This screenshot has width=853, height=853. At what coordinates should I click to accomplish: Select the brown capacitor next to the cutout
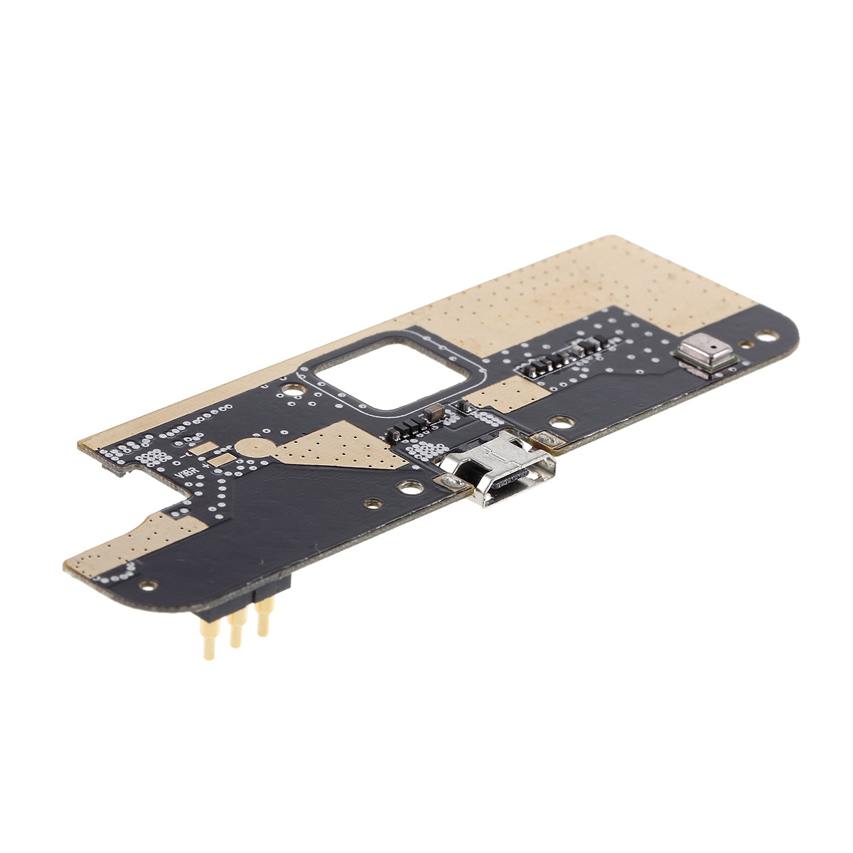pyautogui.click(x=432, y=412)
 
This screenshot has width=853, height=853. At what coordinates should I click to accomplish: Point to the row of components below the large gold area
pyautogui.click(x=562, y=360)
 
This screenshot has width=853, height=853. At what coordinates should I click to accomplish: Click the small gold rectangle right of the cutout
pyautogui.click(x=501, y=393)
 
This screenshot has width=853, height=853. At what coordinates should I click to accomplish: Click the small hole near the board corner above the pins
pyautogui.click(x=149, y=585)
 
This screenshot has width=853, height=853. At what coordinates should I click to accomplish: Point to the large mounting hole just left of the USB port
pyautogui.click(x=410, y=487)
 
